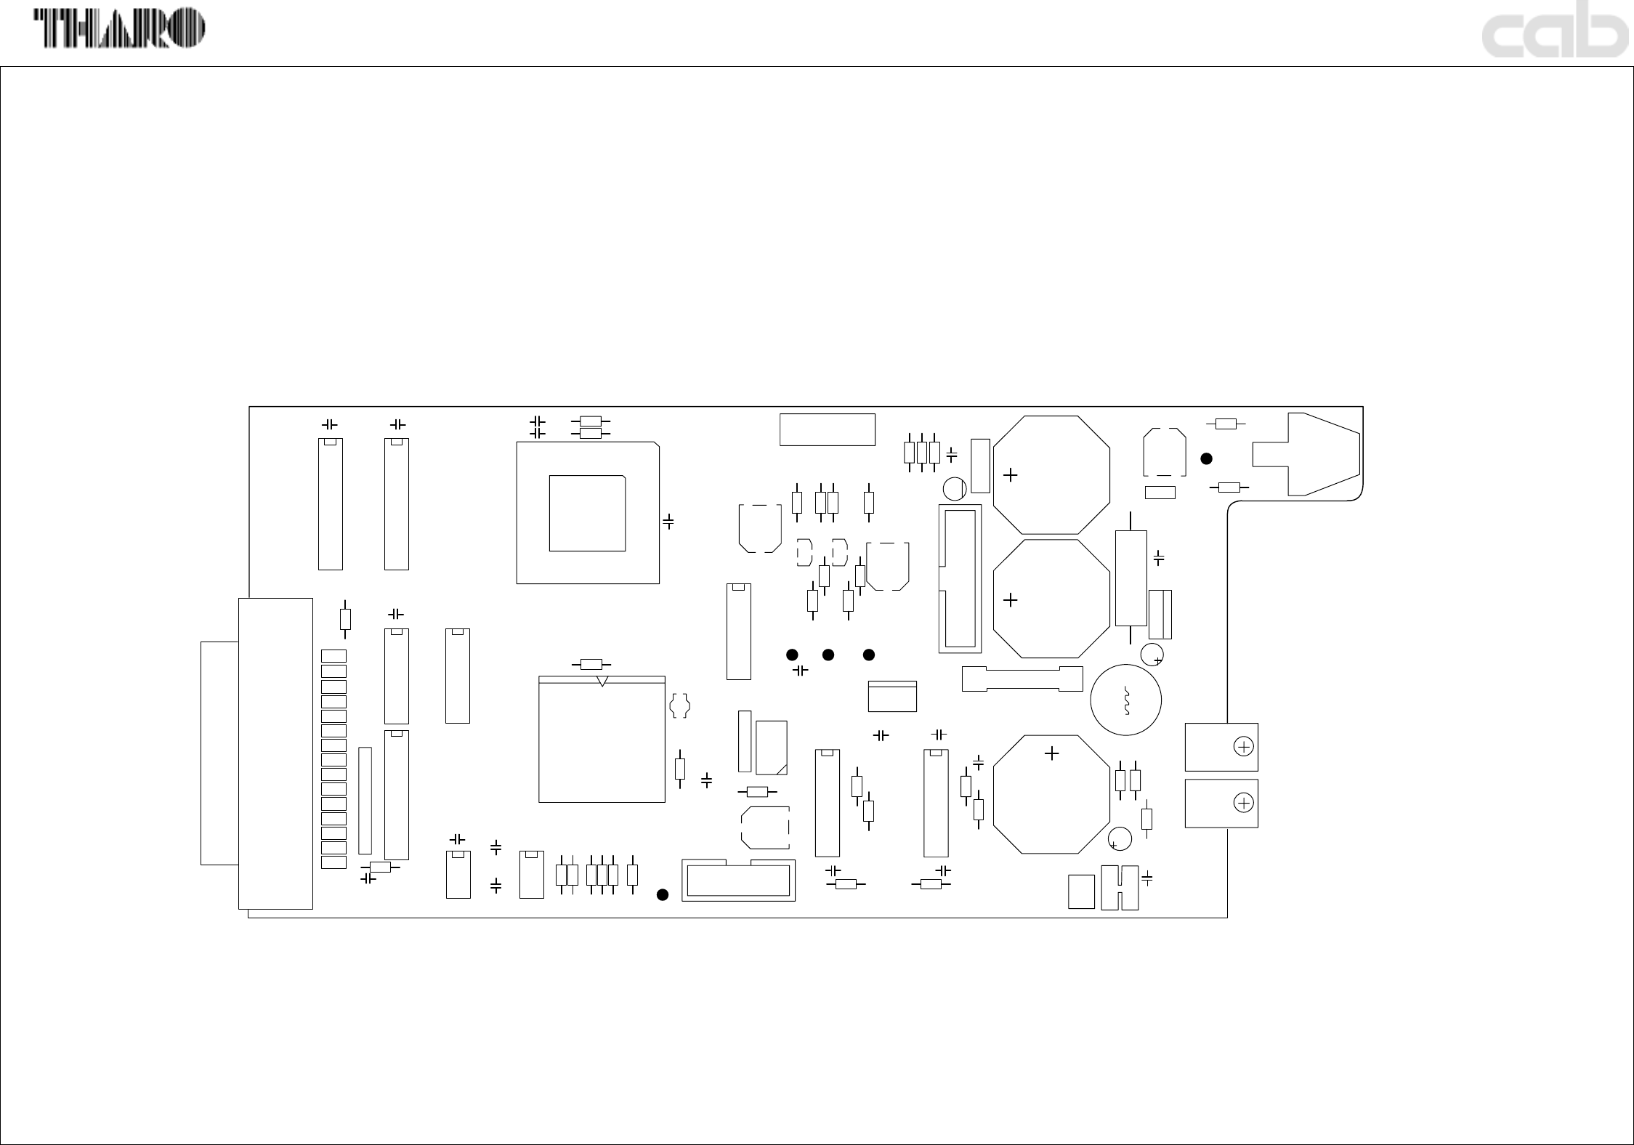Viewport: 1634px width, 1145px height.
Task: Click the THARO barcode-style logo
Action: pyautogui.click(x=120, y=30)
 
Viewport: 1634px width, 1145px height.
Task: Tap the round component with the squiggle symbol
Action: pyautogui.click(x=1125, y=700)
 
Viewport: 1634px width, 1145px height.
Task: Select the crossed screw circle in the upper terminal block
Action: pyautogui.click(x=1244, y=747)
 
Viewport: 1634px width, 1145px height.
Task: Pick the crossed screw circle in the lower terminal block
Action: pyautogui.click(x=1244, y=803)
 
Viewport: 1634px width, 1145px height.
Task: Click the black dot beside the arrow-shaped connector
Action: pyautogui.click(x=1206, y=458)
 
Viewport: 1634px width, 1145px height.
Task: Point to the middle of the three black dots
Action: pyautogui.click(x=828, y=655)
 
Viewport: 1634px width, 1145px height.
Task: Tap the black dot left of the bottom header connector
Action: pyautogui.click(x=662, y=894)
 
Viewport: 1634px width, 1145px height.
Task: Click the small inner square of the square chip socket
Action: pyautogui.click(x=587, y=513)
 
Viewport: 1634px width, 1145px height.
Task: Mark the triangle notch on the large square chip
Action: pyautogui.click(x=602, y=681)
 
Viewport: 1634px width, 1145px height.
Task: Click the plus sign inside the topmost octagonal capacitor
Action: pyautogui.click(x=1010, y=474)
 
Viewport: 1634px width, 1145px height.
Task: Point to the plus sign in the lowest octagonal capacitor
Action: pyautogui.click(x=1051, y=753)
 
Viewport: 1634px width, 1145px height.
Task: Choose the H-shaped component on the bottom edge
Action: pyautogui.click(x=1120, y=887)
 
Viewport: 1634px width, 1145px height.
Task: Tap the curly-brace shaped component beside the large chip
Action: pyautogui.click(x=679, y=705)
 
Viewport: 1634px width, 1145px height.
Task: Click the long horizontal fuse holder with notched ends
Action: pyautogui.click(x=1022, y=679)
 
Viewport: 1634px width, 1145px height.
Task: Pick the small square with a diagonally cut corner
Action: pyautogui.click(x=771, y=748)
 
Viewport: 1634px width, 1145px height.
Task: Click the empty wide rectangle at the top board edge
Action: pyautogui.click(x=827, y=429)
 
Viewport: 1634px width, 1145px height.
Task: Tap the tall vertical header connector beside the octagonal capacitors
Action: pyautogui.click(x=960, y=578)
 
